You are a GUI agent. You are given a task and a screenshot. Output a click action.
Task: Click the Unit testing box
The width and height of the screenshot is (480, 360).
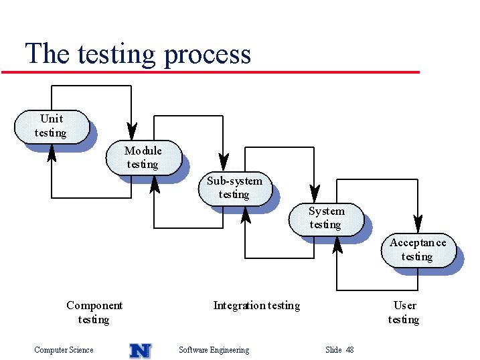52,126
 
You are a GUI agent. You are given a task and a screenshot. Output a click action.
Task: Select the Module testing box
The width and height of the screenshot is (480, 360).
144,158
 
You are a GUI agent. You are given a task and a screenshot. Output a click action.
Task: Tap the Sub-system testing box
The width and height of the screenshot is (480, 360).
235,189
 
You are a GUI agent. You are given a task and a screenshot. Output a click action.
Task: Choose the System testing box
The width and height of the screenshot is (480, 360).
326,219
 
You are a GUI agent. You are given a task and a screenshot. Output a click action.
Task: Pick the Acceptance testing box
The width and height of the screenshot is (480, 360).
418,250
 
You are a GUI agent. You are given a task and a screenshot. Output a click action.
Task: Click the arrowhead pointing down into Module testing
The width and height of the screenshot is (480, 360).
132,132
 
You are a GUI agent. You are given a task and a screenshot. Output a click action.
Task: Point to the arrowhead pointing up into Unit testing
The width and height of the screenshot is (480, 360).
52,153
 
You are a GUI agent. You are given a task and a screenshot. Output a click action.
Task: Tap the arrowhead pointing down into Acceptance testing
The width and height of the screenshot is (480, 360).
418,224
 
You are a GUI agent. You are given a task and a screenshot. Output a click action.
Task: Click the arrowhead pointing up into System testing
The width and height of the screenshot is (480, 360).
337,246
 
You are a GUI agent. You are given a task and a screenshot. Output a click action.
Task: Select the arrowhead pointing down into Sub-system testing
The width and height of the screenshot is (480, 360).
224,163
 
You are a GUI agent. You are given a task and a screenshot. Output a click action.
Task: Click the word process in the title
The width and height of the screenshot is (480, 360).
208,55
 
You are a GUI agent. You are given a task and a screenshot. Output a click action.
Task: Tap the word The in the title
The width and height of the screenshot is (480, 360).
47,54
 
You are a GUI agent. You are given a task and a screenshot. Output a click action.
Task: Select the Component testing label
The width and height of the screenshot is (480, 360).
94,312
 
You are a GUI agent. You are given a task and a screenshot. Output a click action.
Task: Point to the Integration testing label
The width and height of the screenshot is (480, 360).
256,306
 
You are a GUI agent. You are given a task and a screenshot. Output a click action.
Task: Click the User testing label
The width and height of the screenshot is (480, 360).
404,312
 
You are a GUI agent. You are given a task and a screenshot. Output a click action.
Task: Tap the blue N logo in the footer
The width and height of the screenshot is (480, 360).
141,351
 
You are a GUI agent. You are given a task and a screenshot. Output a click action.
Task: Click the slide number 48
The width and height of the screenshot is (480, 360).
349,349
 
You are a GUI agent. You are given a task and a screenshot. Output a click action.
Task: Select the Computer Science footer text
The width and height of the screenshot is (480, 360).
64,350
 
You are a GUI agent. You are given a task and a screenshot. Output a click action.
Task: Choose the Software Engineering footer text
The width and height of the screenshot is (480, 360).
214,350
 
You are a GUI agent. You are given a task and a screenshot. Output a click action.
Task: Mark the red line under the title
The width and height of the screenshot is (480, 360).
210,72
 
